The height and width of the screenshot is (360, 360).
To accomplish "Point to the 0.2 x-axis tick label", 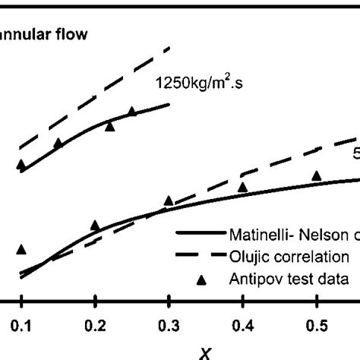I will click(95, 324).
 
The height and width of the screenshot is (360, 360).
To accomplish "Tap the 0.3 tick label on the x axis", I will click(169, 324).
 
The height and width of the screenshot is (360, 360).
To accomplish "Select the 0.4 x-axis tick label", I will click(242, 324).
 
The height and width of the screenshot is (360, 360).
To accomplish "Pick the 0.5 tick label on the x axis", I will click(316, 324).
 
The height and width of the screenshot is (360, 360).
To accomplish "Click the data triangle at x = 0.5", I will click(316, 176).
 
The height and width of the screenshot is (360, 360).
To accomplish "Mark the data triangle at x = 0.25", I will click(131, 112).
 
